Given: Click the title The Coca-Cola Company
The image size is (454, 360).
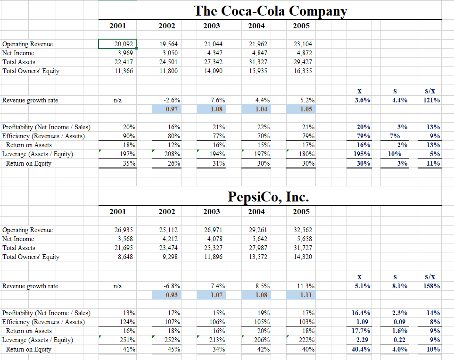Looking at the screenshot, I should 270,10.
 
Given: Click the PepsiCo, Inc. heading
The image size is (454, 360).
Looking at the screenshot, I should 268,196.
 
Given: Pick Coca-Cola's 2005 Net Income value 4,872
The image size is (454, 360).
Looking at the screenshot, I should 302,53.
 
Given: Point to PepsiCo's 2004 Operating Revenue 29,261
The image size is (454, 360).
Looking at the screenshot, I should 257,230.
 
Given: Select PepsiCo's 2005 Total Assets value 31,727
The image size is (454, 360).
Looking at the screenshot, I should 302,248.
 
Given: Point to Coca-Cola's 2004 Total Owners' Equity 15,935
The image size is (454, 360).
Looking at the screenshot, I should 257,71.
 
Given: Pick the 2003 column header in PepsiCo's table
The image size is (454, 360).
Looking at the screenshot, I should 212,212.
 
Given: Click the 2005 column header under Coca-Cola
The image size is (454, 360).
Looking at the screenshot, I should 301,26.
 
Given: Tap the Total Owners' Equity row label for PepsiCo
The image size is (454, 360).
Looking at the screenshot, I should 31,257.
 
